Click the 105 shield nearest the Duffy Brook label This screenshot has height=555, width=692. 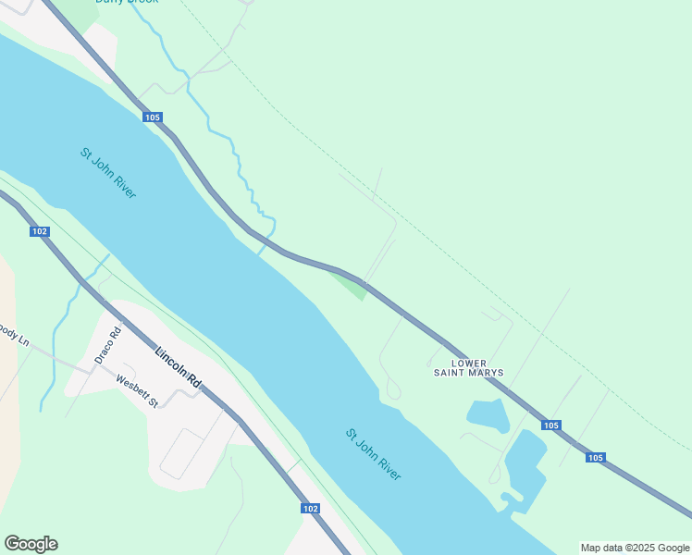(x=153, y=117)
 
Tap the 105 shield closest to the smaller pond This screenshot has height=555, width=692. (x=551, y=425)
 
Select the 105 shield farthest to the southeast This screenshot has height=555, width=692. (x=595, y=458)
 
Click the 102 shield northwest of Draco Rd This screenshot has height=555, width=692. (x=39, y=231)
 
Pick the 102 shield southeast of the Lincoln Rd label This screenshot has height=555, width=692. (x=310, y=509)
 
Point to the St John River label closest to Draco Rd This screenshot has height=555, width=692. (x=108, y=173)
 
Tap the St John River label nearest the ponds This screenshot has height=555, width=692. (x=374, y=453)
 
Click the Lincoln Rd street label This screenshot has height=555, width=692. (x=179, y=365)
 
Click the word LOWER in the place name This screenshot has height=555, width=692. (x=469, y=364)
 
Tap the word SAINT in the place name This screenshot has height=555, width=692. (x=450, y=374)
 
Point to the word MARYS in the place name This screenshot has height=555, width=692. (x=487, y=374)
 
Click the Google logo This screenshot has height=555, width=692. (x=31, y=544)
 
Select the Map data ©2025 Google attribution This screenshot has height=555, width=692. (x=635, y=548)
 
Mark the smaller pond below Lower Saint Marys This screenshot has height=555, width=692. (x=488, y=415)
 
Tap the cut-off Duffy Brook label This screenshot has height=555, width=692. (x=127, y=2)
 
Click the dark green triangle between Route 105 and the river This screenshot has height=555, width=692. (x=351, y=286)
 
